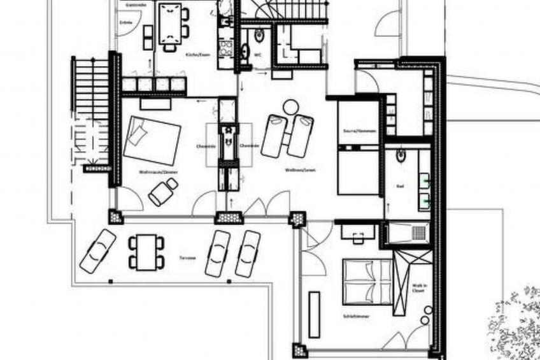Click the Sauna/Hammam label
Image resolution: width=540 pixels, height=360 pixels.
click(359, 131)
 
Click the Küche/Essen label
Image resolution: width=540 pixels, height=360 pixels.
click(197, 55)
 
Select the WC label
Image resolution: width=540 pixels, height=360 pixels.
click(259, 55)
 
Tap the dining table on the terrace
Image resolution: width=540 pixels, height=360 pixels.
click(146, 252)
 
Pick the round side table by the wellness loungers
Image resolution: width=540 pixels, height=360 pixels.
click(290, 106)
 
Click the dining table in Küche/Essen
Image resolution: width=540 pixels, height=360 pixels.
click(170, 23)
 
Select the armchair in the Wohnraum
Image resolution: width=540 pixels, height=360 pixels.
click(163, 191)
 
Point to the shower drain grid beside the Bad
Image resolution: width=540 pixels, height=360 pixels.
click(417, 233)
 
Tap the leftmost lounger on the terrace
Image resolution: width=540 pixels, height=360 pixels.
click(97, 251)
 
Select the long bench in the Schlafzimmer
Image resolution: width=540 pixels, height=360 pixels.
click(314, 314)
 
